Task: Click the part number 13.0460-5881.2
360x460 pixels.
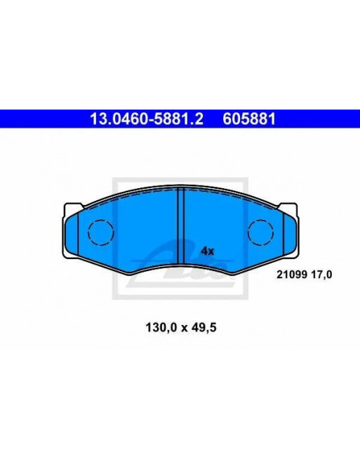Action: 146,119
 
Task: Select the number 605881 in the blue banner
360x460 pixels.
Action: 249,119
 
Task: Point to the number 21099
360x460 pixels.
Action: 292,275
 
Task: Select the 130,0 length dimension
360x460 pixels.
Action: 161,327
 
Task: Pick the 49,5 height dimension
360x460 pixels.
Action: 204,327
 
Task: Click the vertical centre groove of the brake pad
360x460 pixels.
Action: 181,226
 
